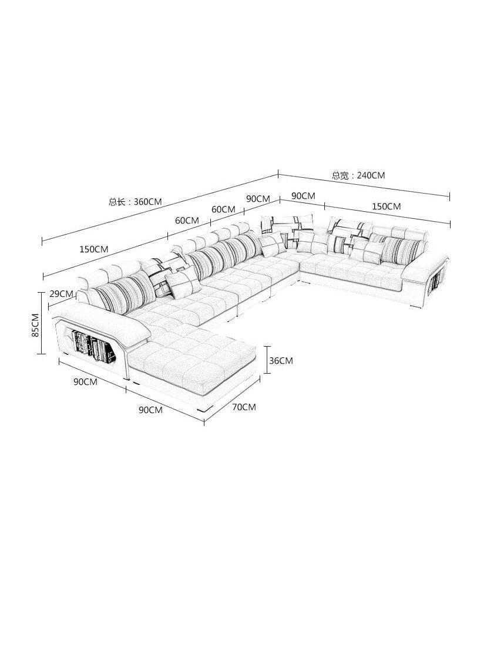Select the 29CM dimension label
[62, 294]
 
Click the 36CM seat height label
[281, 361]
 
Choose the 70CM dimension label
[244, 407]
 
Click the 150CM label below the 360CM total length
[94, 249]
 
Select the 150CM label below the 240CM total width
[387, 206]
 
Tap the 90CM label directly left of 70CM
[151, 409]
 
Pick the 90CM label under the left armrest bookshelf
[86, 381]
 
